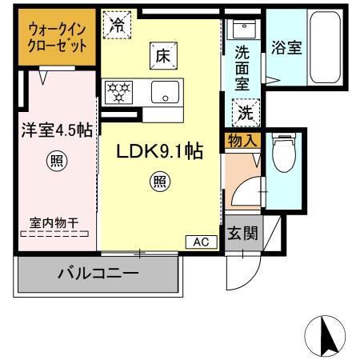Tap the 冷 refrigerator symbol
118,24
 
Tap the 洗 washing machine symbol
243,112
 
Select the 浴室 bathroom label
286,47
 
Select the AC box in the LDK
199,241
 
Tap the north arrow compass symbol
324,336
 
